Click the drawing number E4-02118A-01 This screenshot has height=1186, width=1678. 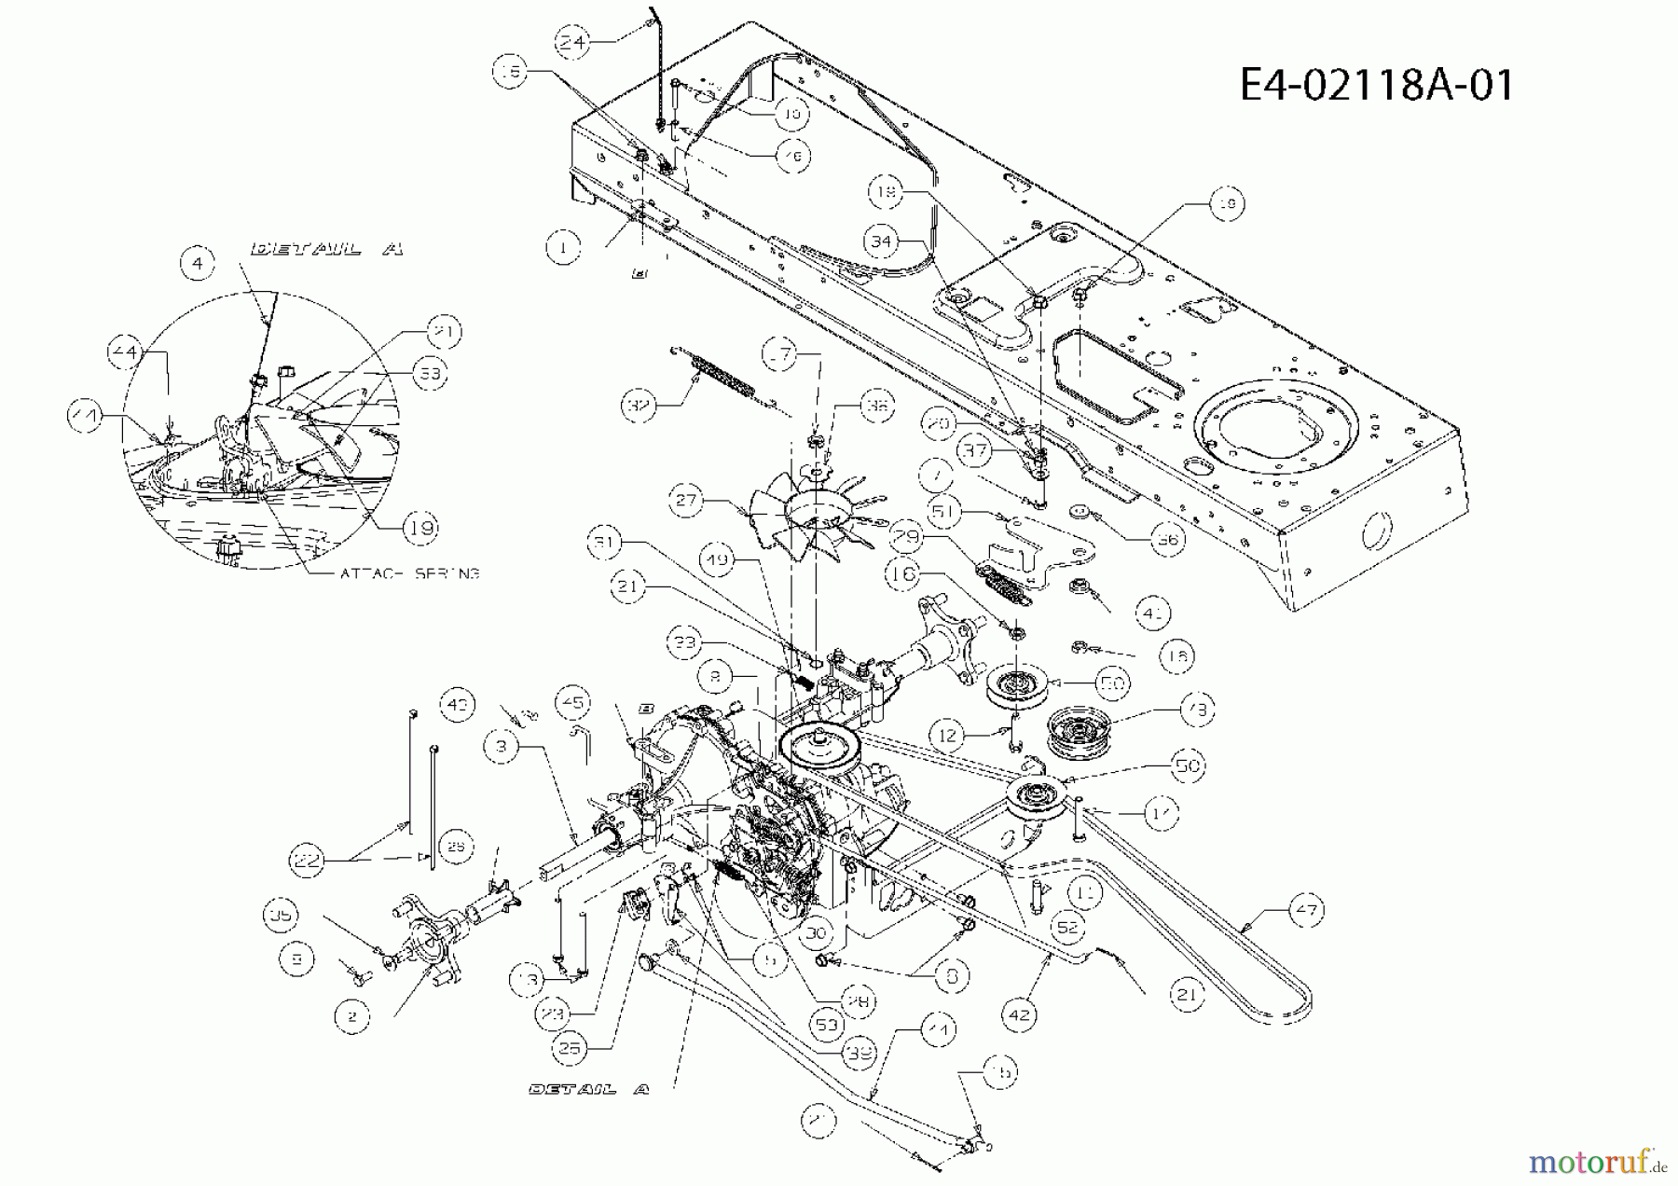click(x=1376, y=85)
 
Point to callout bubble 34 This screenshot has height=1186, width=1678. click(x=881, y=242)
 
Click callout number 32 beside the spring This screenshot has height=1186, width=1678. click(x=639, y=406)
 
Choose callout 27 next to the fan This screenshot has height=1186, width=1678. click(x=687, y=500)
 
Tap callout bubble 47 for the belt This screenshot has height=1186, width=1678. click(x=1306, y=909)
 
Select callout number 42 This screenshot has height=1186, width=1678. click(x=1019, y=1014)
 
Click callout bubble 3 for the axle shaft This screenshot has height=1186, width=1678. click(x=502, y=746)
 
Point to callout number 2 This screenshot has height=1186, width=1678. click(x=351, y=1016)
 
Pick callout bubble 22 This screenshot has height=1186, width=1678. click(x=308, y=861)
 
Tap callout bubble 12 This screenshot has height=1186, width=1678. click(x=947, y=736)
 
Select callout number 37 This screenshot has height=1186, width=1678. click(x=975, y=451)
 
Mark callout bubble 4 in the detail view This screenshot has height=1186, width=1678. click(x=197, y=264)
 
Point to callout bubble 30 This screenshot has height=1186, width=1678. click(x=817, y=932)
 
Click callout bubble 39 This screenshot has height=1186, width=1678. click(x=858, y=1052)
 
